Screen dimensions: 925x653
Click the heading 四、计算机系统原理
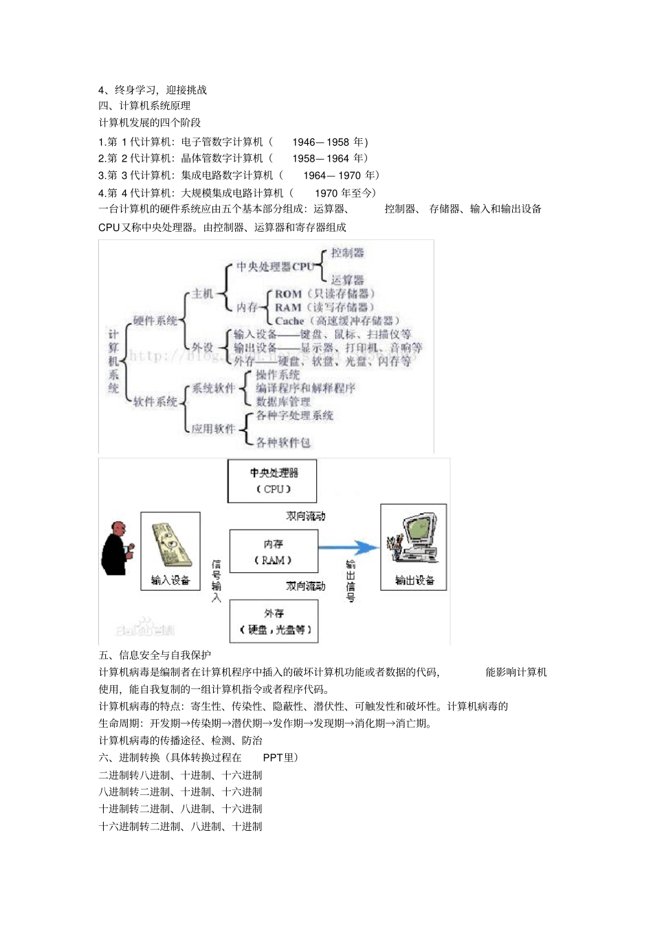144,106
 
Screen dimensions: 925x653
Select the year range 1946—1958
320,142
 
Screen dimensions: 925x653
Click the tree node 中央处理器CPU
274,267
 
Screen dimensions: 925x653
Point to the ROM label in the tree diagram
288,294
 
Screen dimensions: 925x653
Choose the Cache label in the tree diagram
289,321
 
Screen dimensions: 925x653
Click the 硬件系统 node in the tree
155,320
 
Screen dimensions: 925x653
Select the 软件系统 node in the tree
155,402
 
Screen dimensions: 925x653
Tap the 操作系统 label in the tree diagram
278,375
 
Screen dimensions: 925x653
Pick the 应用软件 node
213,429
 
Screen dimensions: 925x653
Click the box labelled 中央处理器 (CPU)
272,481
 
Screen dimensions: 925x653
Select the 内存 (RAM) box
274,552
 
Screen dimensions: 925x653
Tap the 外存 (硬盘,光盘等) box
274,621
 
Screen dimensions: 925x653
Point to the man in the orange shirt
116,548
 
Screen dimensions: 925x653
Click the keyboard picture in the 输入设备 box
168,543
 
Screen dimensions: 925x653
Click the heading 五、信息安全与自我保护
155,655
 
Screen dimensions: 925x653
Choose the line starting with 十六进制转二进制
180,827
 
